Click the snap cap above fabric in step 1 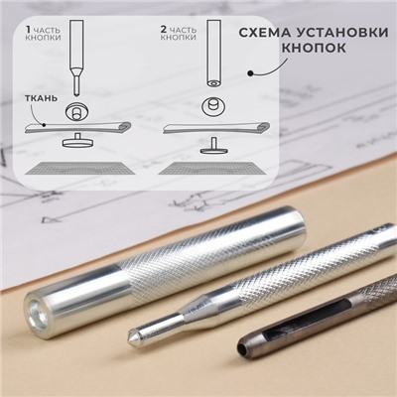(74, 108)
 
